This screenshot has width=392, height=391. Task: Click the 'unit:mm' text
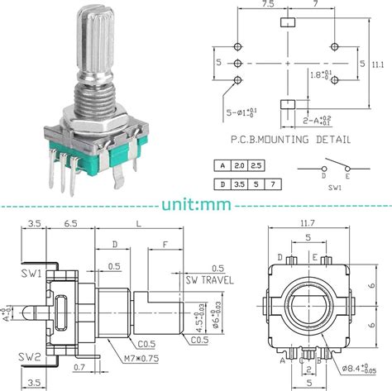pos(195,201)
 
